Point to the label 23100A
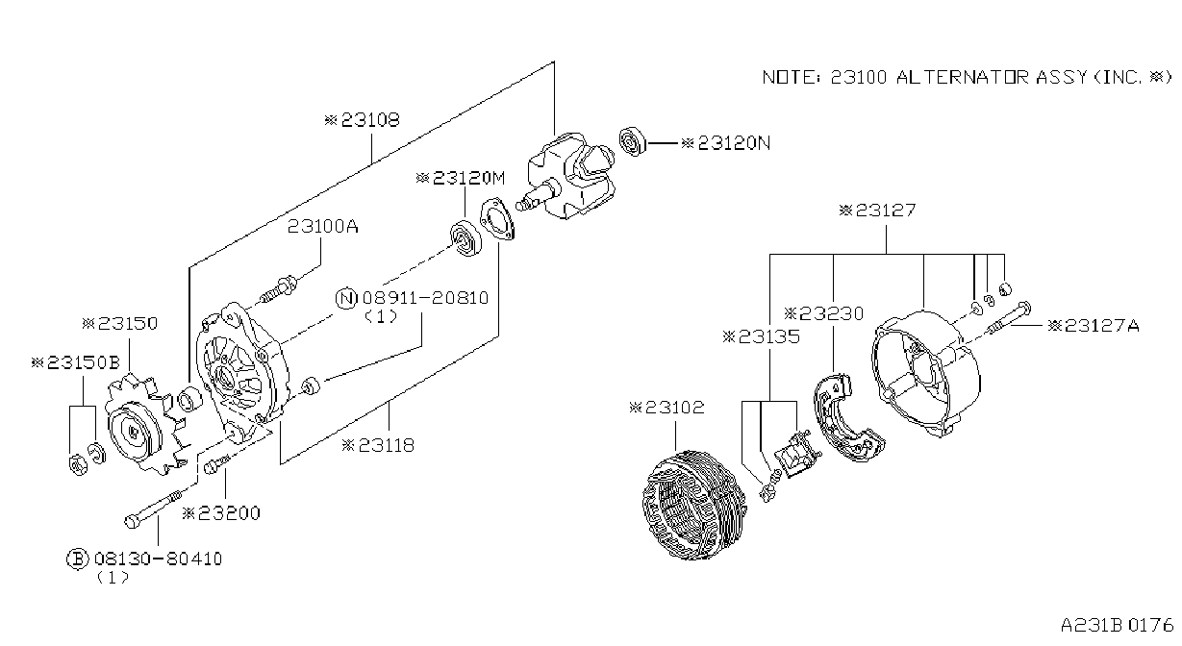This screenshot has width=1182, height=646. (x=323, y=227)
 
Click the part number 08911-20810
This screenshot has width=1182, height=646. (x=426, y=298)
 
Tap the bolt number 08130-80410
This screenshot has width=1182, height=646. (x=159, y=559)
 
